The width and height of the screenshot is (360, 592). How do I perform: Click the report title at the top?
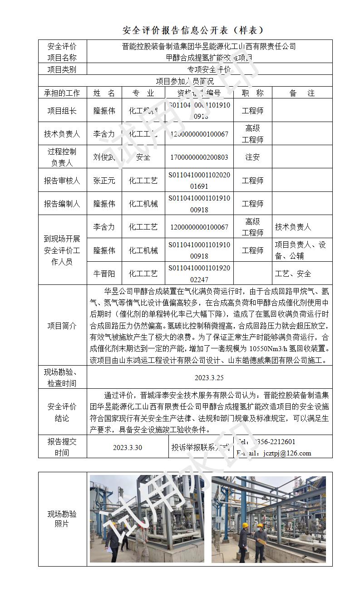(193, 30)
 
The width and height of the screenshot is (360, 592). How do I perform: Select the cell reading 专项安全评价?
(209, 69)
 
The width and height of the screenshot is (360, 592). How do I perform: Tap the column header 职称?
(252, 93)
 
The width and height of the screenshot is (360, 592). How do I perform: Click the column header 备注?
(302, 93)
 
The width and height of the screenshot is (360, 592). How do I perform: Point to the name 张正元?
(104, 181)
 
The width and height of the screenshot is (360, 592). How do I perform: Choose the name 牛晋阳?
(104, 274)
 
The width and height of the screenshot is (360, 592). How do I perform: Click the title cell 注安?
(252, 157)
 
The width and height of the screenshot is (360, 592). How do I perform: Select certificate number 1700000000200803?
(199, 157)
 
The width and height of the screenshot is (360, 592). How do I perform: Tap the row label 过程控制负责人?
(62, 157)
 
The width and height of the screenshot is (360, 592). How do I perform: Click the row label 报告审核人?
(62, 181)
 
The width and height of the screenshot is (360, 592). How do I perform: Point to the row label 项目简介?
(62, 326)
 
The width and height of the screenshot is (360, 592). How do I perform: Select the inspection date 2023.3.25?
(209, 377)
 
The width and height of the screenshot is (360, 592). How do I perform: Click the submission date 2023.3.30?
(127, 447)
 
